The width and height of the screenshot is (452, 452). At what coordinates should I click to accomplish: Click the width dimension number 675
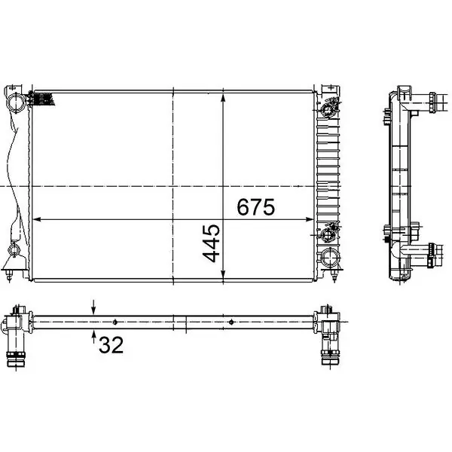(255, 207)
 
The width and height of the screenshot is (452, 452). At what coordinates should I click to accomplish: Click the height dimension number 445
(211, 243)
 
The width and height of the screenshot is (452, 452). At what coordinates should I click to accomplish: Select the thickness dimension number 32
(111, 345)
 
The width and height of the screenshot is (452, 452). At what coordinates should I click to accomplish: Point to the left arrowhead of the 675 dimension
(37, 220)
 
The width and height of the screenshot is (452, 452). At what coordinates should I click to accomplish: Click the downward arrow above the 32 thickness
(93, 307)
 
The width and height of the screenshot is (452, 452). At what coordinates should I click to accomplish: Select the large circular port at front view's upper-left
(16, 102)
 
